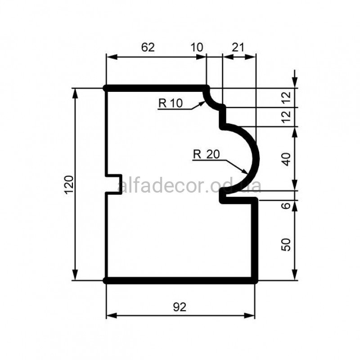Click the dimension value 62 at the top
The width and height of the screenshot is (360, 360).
[148, 47]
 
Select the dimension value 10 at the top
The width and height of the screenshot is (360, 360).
[197, 47]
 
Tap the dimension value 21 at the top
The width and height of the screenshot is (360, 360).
[238, 47]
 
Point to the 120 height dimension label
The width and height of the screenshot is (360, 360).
[69, 185]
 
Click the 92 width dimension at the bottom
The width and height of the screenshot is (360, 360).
[180, 307]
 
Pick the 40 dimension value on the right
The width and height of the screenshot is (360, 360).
[286, 159]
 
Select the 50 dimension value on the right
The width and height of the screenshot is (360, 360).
[286, 245]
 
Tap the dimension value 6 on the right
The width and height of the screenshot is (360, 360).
[286, 206]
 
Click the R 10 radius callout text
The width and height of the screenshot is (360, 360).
[171, 103]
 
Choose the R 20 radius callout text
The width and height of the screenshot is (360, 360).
[207, 154]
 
